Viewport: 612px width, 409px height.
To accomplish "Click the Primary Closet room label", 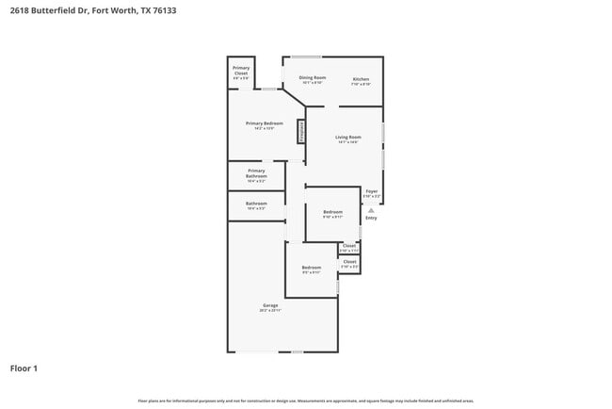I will pos(241,71).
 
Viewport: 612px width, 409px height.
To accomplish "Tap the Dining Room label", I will pos(313,77).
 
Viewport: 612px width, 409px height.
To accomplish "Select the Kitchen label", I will pos(361,78).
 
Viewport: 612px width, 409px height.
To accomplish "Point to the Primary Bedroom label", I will pos(265,123).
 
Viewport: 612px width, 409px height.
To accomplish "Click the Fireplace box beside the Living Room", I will pos(301,131).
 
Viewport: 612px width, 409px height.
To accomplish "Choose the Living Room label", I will pos(348,137).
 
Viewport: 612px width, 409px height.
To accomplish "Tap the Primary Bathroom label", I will pos(256,173).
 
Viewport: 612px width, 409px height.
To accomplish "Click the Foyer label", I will pos(372,190).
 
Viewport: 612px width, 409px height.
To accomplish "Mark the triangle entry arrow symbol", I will pos(371,210).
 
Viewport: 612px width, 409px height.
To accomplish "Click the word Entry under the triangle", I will pos(371,218).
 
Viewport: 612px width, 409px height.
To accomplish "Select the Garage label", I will pos(269,305).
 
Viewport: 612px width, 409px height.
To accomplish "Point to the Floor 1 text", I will pos(24,368).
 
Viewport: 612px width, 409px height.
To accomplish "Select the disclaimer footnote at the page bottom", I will pos(306,401).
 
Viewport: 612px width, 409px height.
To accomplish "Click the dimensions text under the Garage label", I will pos(269,310).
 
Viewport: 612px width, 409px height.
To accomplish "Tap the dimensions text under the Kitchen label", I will pos(361,84).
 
